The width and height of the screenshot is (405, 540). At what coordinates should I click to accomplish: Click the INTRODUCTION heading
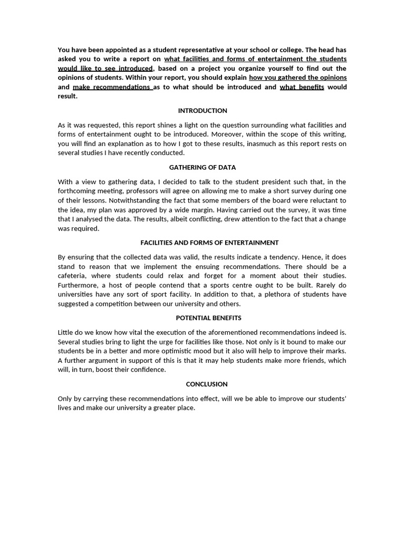[202, 111]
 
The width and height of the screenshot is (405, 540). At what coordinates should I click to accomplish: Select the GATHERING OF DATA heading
[202, 168]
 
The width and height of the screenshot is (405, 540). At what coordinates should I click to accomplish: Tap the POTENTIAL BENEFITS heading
[202, 318]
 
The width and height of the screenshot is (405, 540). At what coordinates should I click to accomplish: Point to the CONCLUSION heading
[202, 384]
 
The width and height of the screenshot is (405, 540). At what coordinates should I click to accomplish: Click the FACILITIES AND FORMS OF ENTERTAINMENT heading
[209, 243]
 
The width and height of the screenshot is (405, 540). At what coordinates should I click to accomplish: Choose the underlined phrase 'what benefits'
[302, 87]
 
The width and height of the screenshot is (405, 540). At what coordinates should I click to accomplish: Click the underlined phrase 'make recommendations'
[111, 87]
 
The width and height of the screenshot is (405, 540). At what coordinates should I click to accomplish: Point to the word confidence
[147, 370]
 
